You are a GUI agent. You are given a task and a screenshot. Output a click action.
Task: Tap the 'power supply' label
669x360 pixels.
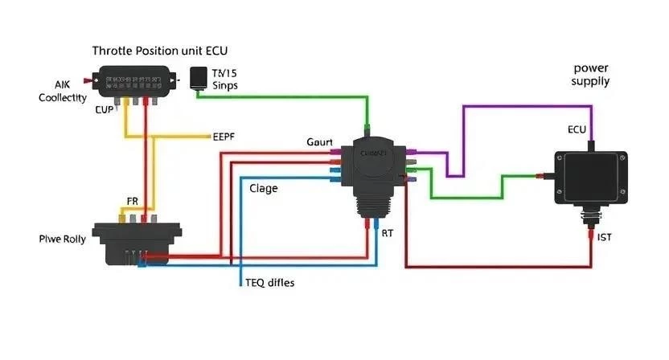click(x=590, y=75)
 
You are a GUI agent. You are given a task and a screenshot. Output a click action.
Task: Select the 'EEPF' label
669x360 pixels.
click(x=224, y=136)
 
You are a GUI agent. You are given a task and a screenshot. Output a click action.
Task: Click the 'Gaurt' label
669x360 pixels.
click(x=319, y=141)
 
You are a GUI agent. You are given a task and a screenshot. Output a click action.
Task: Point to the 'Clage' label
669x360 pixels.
click(x=264, y=189)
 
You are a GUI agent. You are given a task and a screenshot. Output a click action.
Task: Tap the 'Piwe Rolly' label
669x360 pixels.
click(x=62, y=239)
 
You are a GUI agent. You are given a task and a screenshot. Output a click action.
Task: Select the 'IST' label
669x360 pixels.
click(x=605, y=237)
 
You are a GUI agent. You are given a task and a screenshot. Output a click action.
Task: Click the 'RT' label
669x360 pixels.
click(x=388, y=233)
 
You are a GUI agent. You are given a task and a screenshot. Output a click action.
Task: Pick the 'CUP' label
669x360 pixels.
click(x=106, y=110)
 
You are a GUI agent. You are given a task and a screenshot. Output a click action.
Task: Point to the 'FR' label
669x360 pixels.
click(x=133, y=201)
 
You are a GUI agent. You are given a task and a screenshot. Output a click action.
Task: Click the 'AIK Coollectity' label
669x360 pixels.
click(x=63, y=90)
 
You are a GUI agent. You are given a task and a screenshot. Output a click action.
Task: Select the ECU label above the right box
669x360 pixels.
click(x=577, y=129)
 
